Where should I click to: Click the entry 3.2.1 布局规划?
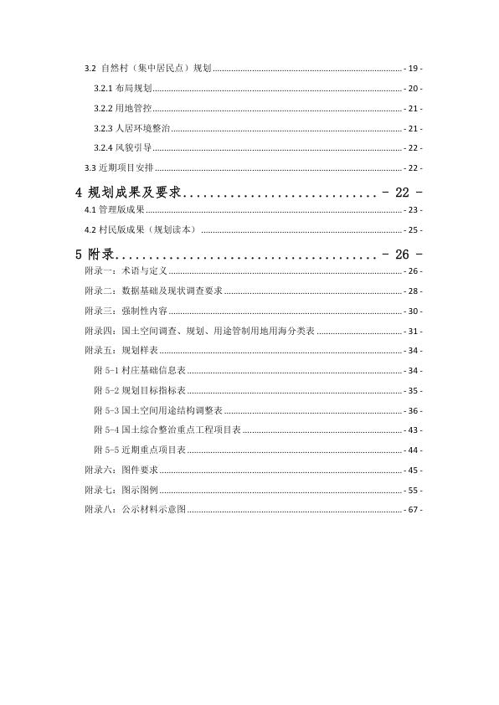tap(121, 88)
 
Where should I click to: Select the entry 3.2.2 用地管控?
tap(121, 109)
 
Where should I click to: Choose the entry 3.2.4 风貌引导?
tap(121, 148)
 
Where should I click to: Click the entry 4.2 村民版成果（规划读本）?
tap(139, 229)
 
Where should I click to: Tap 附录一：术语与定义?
tap(126, 271)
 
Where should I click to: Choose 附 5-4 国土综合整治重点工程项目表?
tap(167, 430)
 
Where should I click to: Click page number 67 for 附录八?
tap(413, 509)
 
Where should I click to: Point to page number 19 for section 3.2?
tap(413, 68)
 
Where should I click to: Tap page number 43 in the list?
tap(413, 430)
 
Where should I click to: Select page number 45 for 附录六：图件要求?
tap(413, 470)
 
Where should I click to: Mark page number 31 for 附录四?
tap(413, 331)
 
